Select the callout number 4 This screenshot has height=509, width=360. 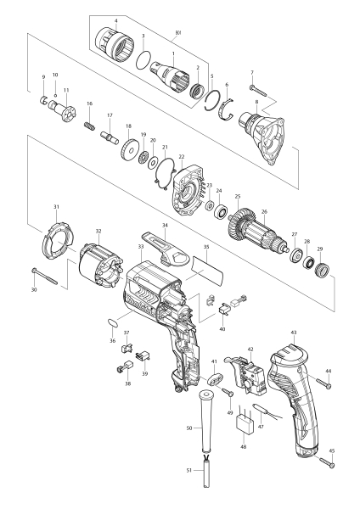click(116, 20)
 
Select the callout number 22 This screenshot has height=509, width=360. click(182, 157)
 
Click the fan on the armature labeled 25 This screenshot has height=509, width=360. click(237, 221)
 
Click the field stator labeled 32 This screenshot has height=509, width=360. click(101, 266)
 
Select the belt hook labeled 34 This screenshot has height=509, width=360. click(166, 249)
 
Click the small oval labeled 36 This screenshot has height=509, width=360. click(111, 322)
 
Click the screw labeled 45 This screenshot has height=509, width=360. click(327, 462)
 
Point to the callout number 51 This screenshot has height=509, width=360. click(189, 470)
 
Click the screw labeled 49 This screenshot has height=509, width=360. click(228, 391)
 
